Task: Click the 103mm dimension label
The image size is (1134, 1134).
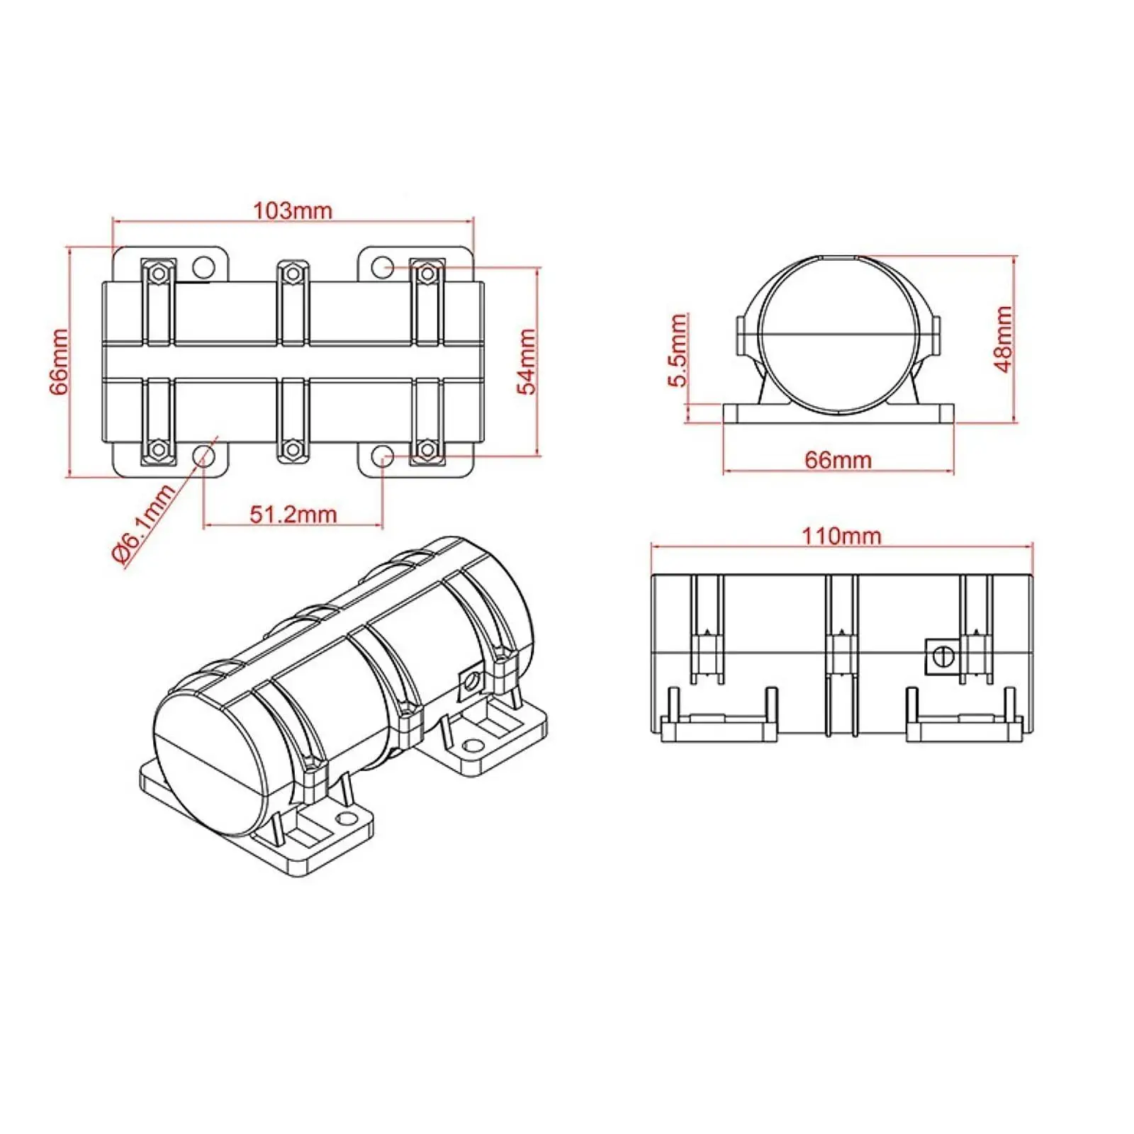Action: point(293,210)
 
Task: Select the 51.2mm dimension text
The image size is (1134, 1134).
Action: point(293,514)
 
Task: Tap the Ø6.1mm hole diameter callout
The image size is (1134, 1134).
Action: point(144,524)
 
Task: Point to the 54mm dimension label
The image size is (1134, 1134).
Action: point(527,361)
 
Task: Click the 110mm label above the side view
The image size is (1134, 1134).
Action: point(841,536)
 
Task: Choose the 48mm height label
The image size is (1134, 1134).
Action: point(1003,339)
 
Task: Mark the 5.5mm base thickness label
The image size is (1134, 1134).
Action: point(678,350)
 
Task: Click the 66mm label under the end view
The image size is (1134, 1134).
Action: point(838,460)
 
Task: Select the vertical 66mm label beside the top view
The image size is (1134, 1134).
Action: point(58,361)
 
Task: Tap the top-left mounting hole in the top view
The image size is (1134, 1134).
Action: point(204,267)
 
